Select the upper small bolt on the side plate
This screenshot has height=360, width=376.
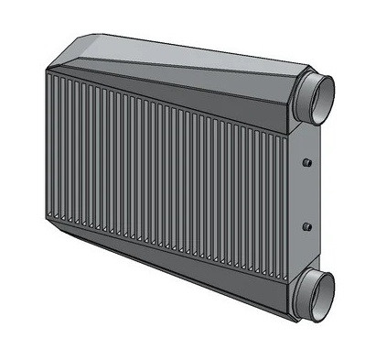tap(306, 163)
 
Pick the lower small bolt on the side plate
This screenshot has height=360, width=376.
tap(306, 225)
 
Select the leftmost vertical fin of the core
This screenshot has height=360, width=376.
tap(47, 147)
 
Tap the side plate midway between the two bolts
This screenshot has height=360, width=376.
tap(306, 194)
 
